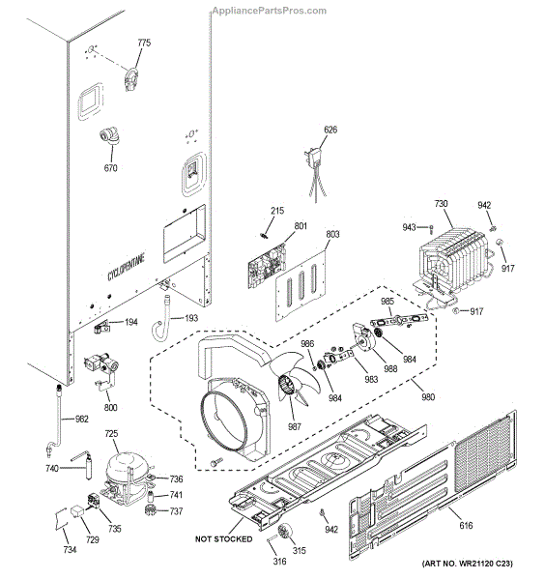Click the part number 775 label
click(x=144, y=43)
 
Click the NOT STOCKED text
click(x=223, y=538)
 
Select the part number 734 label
click(x=70, y=549)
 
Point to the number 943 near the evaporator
click(x=410, y=227)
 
